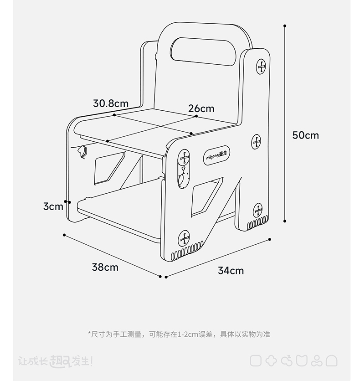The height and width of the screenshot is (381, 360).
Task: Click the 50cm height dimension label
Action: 305,135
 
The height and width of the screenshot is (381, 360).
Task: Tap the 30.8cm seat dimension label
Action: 111,103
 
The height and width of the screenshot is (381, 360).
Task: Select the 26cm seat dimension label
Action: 201,108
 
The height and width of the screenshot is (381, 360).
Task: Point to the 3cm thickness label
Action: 53,206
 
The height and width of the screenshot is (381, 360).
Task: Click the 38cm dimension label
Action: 105,267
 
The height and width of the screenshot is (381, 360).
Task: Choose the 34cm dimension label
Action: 231,271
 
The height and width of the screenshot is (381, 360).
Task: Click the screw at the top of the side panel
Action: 261,67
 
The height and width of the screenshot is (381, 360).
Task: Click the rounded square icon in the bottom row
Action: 256,361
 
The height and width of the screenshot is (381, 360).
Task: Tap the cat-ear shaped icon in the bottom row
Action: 301,361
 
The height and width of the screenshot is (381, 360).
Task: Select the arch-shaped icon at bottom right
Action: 332,361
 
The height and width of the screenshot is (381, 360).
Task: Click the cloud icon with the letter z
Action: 287,361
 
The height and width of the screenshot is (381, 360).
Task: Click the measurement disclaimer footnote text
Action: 179,334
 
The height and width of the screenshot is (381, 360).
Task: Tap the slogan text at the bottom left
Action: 55,361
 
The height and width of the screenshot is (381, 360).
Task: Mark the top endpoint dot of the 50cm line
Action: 285,26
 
